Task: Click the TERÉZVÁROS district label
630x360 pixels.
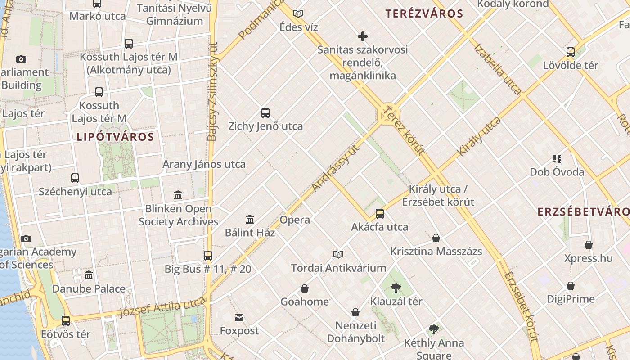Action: (424, 13)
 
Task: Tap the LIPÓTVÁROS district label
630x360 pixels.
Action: (115, 137)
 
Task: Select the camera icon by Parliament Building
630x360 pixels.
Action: (21, 59)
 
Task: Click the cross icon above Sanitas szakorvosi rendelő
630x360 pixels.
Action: (363, 36)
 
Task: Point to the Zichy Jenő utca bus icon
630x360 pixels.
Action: (265, 113)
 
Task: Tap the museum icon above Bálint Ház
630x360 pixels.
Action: (250, 220)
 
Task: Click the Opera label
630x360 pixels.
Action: (295, 220)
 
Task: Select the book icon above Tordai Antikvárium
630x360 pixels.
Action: (338, 255)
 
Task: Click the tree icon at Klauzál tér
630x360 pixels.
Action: (396, 288)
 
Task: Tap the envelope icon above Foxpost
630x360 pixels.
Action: (239, 318)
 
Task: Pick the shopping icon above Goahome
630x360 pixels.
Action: (305, 288)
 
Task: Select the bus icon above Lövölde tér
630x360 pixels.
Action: (571, 52)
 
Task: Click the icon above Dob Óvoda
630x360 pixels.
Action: (557, 159)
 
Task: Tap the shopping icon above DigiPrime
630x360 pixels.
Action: (571, 286)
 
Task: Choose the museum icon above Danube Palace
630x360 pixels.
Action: (89, 275)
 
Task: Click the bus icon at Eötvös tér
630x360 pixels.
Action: (66, 321)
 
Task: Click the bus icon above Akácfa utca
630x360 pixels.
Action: (380, 214)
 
